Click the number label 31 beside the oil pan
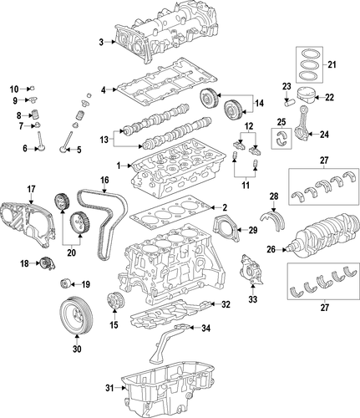[x=109, y=387]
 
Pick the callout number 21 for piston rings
[x=329, y=65]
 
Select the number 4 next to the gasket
[x=104, y=89]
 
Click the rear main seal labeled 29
[x=227, y=227]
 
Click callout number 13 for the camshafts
[x=104, y=139]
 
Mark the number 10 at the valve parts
[x=14, y=88]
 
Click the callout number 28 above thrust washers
[x=273, y=196]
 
